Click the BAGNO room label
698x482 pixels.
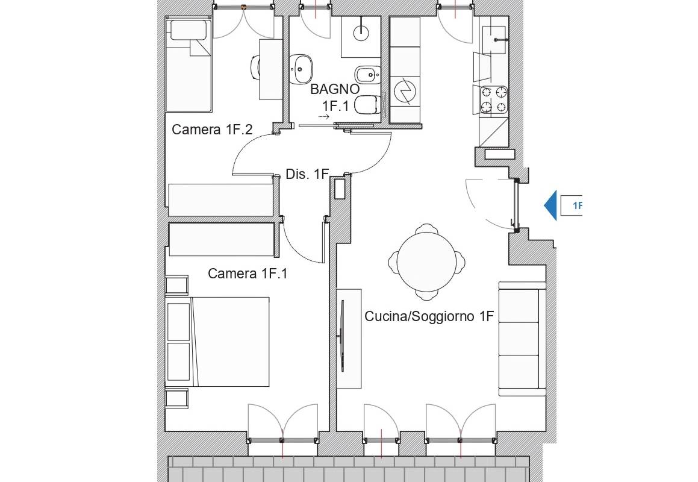[x=335, y=89]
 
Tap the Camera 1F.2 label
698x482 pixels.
[x=212, y=130]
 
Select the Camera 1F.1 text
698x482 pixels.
[x=248, y=274]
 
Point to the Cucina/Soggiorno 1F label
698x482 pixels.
[x=429, y=316]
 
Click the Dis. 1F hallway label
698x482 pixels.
[x=307, y=174]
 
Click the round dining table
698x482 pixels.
[x=426, y=261]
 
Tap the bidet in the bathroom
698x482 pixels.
[x=368, y=74]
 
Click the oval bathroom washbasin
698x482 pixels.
[x=301, y=69]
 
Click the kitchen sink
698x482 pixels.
[x=495, y=39]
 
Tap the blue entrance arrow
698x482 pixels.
[x=550, y=205]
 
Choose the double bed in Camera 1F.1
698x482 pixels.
[x=217, y=342]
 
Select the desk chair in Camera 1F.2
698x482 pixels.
[x=255, y=67]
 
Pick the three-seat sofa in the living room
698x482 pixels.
[x=522, y=339]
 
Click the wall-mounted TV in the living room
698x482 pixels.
[x=342, y=336]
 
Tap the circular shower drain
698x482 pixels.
[x=361, y=32]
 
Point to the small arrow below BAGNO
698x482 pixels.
[x=324, y=117]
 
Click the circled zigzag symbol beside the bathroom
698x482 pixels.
[x=405, y=92]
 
